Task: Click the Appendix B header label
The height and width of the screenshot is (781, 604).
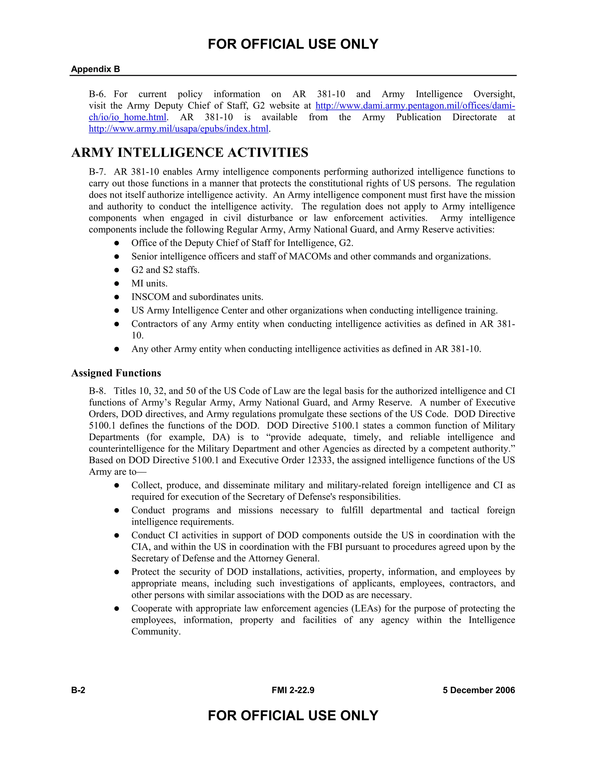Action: tap(96, 69)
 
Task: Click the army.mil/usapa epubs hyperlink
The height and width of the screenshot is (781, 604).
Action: tap(178, 129)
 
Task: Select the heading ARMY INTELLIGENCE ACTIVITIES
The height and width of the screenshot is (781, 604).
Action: tap(190, 153)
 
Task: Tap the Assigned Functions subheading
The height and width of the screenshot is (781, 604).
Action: tap(116, 373)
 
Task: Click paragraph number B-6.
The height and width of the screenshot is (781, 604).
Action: tap(97, 94)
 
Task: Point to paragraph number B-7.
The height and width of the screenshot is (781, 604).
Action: tap(97, 172)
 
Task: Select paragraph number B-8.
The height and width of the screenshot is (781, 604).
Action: tap(97, 391)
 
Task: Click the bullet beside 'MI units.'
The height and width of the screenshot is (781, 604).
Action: tap(117, 284)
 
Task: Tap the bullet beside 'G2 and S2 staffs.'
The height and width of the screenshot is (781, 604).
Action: tap(117, 270)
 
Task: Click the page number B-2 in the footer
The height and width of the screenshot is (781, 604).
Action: tap(78, 690)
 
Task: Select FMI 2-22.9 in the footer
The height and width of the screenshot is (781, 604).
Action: tap(293, 690)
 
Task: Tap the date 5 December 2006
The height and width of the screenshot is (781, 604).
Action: tap(479, 690)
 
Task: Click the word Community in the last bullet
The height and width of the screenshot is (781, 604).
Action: tap(155, 632)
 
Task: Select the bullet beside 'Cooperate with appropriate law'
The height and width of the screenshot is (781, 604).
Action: tap(117, 609)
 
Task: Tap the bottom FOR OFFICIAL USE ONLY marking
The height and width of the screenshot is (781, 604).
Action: tap(293, 716)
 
